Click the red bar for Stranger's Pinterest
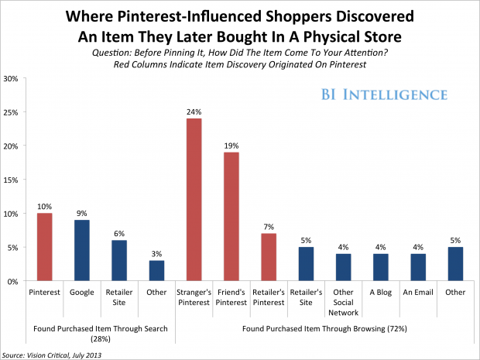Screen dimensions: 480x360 194,200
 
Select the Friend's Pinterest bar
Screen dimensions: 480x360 231,217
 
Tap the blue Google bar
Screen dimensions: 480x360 82,250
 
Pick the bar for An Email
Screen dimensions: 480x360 418,267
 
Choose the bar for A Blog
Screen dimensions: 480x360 380,267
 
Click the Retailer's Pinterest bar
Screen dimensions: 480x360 269,257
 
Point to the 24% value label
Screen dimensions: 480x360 194,112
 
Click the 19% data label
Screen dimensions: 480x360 231,146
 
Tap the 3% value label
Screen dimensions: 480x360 156,254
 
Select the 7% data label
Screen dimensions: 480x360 269,227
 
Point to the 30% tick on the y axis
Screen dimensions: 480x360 11,79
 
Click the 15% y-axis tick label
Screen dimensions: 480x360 11,180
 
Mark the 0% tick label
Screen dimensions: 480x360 12,281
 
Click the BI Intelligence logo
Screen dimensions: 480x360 384,94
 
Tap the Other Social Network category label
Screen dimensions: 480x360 343,303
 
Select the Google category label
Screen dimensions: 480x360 82,293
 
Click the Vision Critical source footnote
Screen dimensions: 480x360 52,355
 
